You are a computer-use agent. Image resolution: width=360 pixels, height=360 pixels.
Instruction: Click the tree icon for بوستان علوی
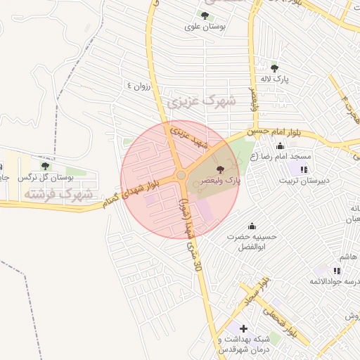[x=205, y=15]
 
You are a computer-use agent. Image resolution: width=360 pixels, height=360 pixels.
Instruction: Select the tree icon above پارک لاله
[x=274, y=68]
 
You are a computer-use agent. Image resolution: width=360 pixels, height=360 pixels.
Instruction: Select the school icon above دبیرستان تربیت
[x=303, y=169]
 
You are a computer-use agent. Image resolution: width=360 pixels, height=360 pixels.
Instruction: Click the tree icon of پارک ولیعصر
[x=221, y=169]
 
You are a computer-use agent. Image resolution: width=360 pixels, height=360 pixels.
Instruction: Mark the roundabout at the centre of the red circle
[x=181, y=175]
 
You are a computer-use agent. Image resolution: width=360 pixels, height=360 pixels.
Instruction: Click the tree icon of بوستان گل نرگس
[x=46, y=166]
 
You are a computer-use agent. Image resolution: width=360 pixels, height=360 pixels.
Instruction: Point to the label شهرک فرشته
[x=58, y=193]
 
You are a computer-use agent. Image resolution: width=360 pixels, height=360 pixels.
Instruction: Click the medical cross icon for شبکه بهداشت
[x=243, y=328]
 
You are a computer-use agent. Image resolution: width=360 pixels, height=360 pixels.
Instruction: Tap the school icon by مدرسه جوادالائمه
[x=337, y=271]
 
